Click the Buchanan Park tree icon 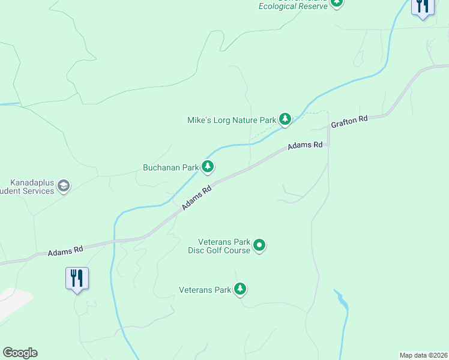(x=208, y=167)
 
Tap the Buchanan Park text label (x=170, y=167)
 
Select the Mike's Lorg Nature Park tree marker (x=285, y=119)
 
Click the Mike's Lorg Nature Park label (x=232, y=120)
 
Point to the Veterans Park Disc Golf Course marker (x=259, y=245)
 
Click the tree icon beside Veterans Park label (x=240, y=290)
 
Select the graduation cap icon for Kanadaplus (x=63, y=186)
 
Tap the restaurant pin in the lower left (x=77, y=278)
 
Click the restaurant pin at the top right (x=423, y=6)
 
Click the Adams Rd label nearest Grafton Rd (x=305, y=145)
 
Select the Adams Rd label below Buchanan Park (x=197, y=198)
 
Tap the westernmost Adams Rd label (x=65, y=250)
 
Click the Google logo (x=20, y=353)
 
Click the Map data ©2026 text (x=423, y=355)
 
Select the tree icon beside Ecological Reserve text (x=337, y=3)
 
